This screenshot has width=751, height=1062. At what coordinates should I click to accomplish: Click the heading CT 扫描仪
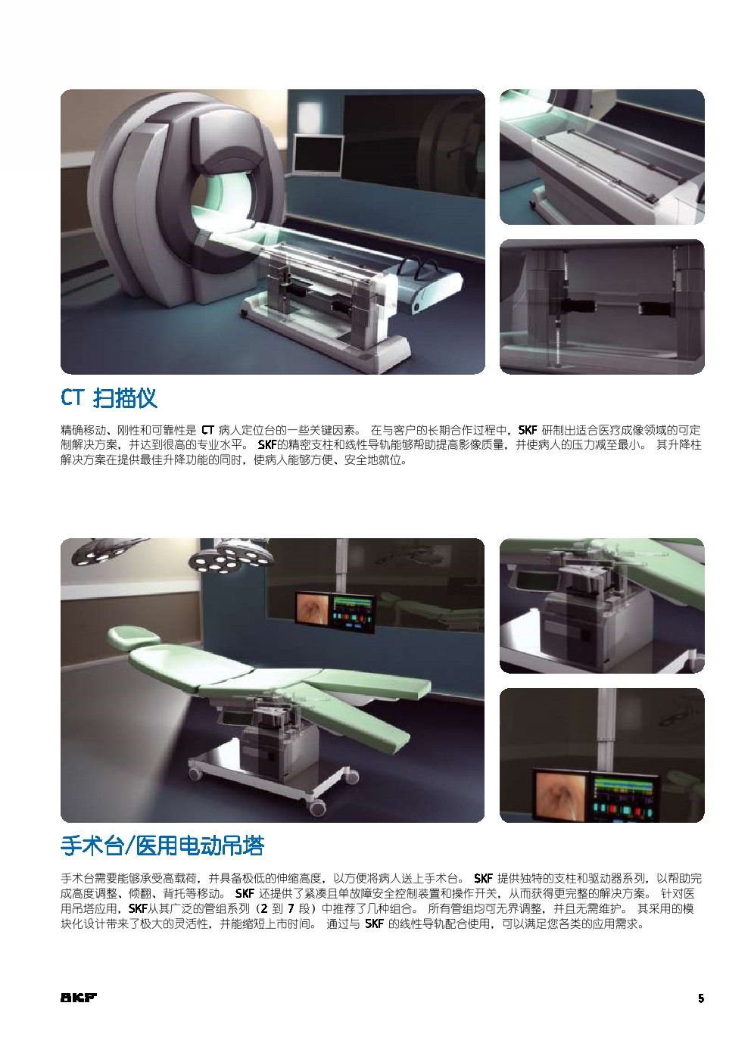point(108,397)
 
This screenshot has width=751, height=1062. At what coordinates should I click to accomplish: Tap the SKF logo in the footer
point(79,998)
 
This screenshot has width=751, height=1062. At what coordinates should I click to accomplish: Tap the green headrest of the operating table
point(134,635)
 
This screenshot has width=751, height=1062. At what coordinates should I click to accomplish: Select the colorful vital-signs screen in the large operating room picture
point(354,613)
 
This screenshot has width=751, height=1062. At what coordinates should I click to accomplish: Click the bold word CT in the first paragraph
point(207,431)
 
